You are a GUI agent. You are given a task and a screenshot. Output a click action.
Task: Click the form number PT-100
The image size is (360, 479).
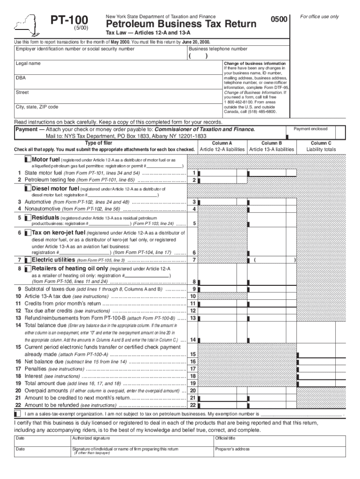tap(69, 20)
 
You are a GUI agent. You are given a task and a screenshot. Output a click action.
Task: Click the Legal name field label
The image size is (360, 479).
tap(28, 63)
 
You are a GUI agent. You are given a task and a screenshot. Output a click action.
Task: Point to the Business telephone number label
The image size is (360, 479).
tap(218, 49)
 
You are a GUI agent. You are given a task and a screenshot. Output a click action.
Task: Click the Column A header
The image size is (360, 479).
tap(222, 143)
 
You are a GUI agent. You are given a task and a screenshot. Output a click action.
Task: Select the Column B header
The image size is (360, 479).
tap(272, 143)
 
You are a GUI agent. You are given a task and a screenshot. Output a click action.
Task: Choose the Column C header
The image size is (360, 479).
tap(321, 143)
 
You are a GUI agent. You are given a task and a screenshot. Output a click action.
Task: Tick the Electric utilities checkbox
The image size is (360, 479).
tap(28, 260)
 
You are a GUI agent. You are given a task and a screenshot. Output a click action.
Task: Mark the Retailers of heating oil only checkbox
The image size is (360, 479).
tap(28, 269)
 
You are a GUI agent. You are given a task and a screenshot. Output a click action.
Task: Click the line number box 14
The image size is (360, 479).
tap(193, 340)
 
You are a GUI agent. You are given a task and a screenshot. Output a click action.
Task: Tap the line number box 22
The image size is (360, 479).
tap(193, 405)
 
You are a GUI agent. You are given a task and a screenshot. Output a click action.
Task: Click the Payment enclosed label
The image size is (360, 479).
tap(310, 129)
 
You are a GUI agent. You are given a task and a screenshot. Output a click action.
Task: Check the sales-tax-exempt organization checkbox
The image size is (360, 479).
tap(17, 414)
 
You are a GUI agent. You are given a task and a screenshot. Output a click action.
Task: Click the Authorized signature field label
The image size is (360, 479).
tap(91, 438)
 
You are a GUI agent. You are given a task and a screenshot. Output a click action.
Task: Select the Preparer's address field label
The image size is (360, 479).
tap(232, 449)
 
